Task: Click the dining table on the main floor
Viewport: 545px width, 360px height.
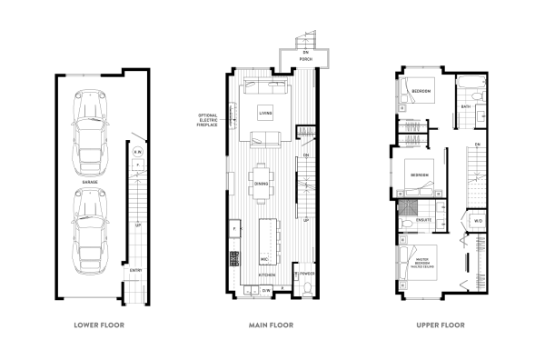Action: [x=263, y=180]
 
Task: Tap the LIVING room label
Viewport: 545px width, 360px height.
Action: [x=264, y=114]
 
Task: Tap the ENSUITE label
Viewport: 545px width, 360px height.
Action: [x=425, y=221]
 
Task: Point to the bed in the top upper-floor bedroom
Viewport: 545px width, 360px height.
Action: [x=420, y=92]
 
